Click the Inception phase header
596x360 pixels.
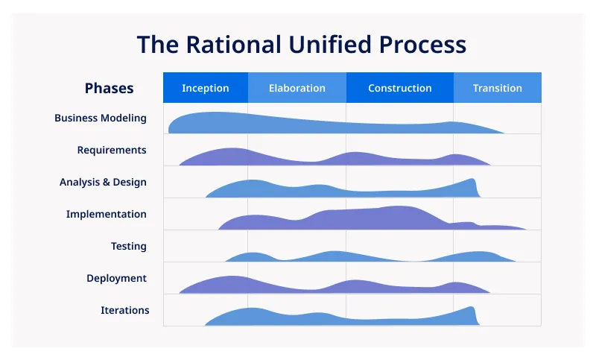coord(205,88)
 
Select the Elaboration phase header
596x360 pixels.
coord(297,88)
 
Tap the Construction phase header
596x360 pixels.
coord(399,88)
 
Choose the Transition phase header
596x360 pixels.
coord(497,88)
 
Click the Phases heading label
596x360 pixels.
coord(109,88)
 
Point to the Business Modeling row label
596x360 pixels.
coord(101,118)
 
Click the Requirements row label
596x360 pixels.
coord(112,150)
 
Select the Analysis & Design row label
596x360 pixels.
coord(103,182)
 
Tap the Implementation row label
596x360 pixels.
coord(106,214)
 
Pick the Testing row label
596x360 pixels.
coord(129,246)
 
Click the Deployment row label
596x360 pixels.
coord(116,278)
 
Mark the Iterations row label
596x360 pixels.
coord(125,310)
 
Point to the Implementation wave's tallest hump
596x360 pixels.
coord(399,218)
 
